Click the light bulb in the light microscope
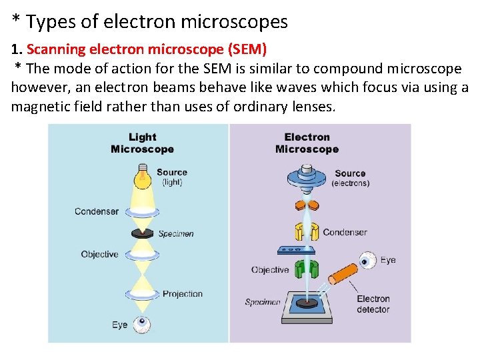[141, 177]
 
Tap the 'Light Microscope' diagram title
[142, 143]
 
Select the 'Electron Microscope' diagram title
[307, 143]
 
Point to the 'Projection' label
[182, 294]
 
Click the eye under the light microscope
[141, 325]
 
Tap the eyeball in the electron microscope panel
[365, 260]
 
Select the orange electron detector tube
[341, 273]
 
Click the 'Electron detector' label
[373, 304]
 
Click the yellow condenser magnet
[306, 232]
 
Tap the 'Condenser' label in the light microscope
[97, 211]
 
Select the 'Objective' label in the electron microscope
[270, 270]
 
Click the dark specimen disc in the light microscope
[141, 233]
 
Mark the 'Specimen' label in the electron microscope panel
[263, 302]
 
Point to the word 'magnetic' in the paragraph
[45, 107]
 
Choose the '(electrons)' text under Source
[351, 183]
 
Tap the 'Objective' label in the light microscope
[99, 254]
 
